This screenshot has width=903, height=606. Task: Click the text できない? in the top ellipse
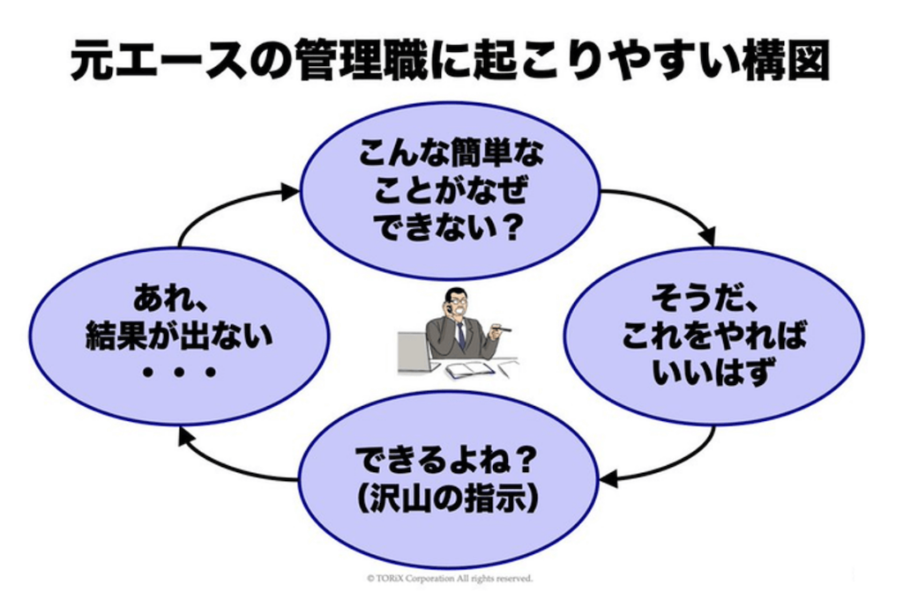[450, 230]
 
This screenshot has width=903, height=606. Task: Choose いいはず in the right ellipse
[713, 373]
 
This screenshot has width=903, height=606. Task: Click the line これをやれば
[713, 336]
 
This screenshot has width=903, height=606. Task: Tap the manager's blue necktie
[460, 334]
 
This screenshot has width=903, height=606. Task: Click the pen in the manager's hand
[502, 329]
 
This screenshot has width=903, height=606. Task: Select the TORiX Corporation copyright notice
[450, 579]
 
